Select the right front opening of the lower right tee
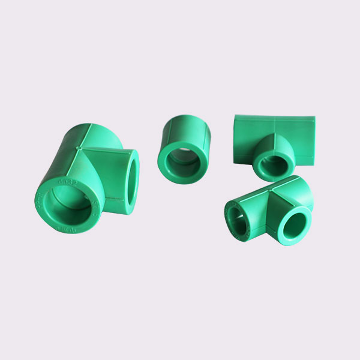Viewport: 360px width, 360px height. [294, 227]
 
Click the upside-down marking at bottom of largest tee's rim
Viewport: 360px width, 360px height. [67, 230]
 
